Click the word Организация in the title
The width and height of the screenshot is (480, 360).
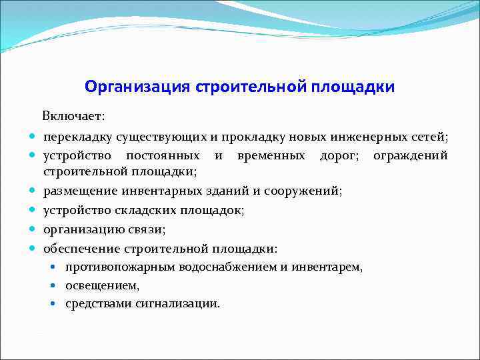[x=138, y=87]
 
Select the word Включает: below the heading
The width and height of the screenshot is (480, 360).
[x=73, y=117]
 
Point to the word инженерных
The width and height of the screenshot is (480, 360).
[x=366, y=137]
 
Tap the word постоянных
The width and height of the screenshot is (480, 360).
[x=163, y=155]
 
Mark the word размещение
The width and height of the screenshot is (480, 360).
[x=81, y=191]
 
